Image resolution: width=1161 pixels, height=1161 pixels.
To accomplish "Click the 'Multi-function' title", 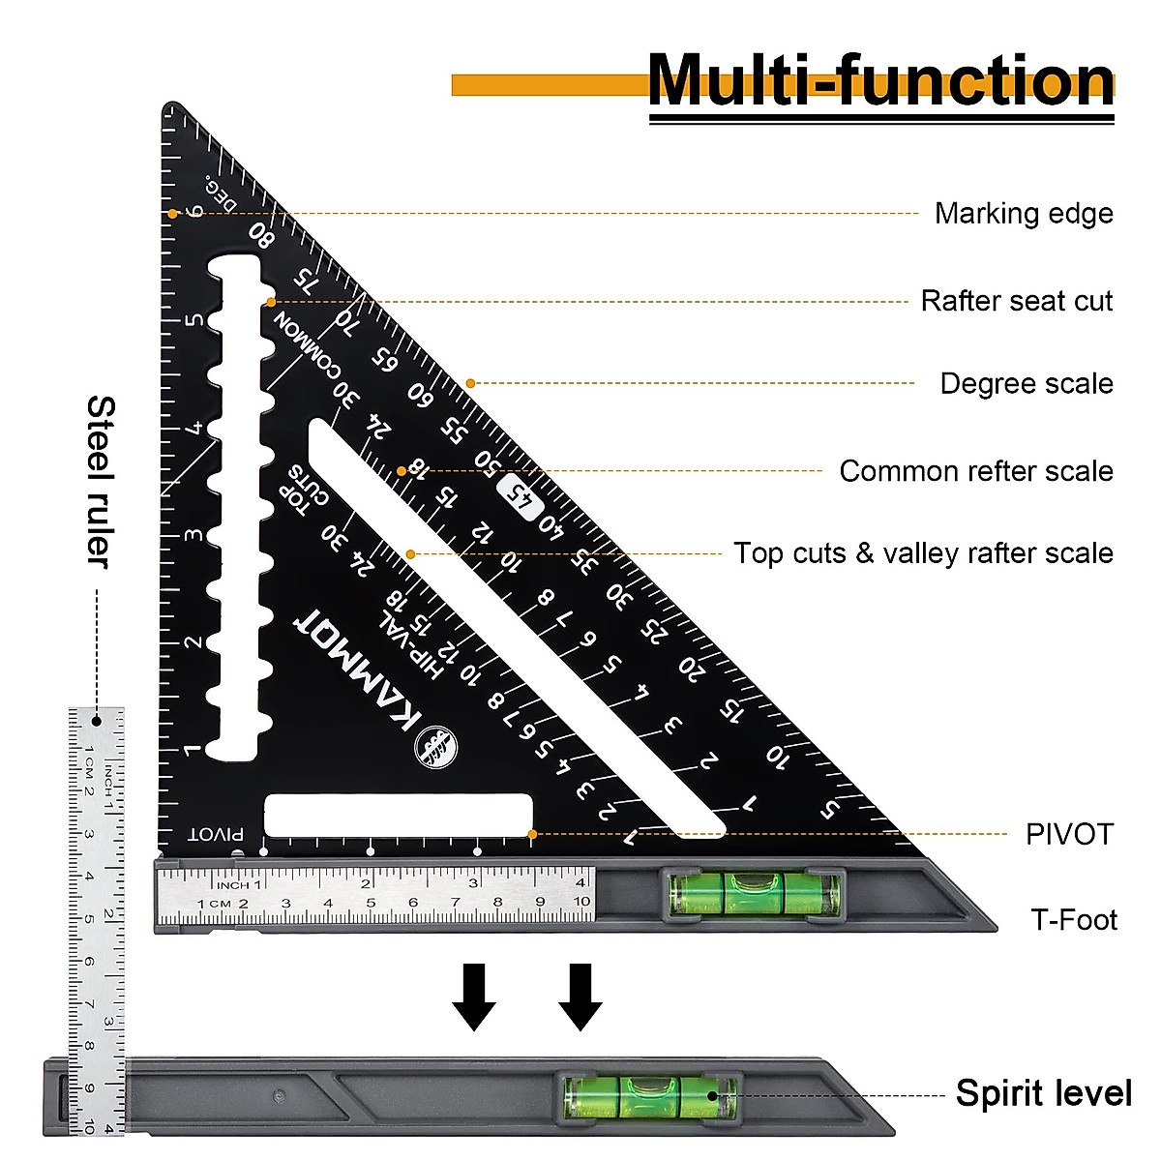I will [880, 81].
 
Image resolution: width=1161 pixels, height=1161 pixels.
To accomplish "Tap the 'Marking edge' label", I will [1024, 214].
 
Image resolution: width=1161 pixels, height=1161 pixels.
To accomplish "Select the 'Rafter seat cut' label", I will [1017, 301].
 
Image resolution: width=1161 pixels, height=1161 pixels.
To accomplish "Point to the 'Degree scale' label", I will [1027, 384].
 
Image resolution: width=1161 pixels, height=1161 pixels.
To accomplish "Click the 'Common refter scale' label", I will [976, 471].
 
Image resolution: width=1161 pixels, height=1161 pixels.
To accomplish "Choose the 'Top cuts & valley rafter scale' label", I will [923, 553].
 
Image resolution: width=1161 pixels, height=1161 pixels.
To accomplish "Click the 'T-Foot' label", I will [1074, 919].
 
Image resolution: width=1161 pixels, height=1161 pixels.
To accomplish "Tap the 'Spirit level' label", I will [1043, 1093].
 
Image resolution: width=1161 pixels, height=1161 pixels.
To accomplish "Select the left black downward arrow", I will [474, 996].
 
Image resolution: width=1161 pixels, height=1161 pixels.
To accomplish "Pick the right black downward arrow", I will [580, 996].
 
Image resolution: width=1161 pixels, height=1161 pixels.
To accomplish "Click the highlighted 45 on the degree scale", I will [521, 497].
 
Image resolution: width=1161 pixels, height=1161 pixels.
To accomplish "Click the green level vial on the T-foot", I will [756, 893].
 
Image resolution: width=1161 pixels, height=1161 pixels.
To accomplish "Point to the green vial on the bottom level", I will [649, 1097].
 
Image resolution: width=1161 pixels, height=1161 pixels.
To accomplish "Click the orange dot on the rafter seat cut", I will [270, 302].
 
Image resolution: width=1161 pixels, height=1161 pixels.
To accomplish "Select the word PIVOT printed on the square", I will [216, 834].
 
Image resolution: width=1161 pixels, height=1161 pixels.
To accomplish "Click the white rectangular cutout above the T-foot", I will [399, 815].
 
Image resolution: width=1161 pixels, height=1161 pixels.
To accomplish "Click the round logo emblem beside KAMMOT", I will [435, 747].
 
